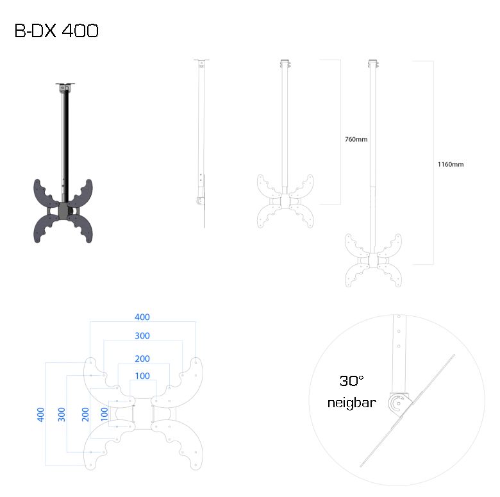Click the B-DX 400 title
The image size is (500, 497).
(56, 31)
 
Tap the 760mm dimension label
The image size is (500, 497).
(356, 139)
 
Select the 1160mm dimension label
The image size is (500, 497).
(451, 165)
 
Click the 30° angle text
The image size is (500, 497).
(351, 381)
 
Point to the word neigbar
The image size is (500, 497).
(352, 403)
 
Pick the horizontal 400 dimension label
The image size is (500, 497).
(142, 317)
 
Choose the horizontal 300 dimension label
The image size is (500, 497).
(142, 335)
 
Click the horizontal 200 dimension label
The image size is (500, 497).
(142, 358)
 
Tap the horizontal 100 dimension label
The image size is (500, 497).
(142, 376)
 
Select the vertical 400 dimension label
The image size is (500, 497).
(40, 414)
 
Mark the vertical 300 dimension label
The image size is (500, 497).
(62, 414)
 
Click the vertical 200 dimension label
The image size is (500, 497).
(85, 414)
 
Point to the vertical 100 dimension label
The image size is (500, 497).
(104, 414)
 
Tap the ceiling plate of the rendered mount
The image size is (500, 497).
(65, 84)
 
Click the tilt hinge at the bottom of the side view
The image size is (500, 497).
(200, 201)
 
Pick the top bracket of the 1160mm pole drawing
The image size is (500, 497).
(373, 63)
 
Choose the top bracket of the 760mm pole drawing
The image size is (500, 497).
(285, 63)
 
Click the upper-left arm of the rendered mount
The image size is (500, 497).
(45, 193)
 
